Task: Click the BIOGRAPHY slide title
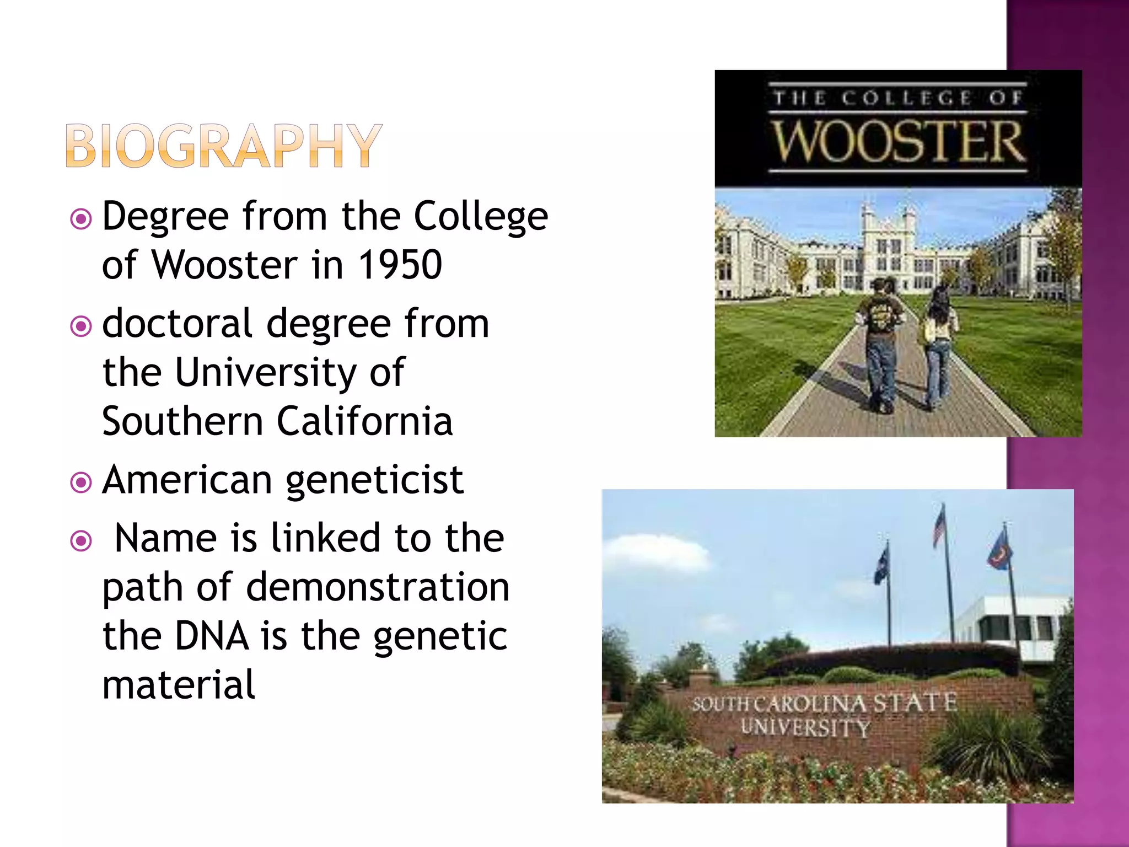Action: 224,146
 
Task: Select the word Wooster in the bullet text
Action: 225,265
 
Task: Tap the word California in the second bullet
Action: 364,421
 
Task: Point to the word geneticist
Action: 375,481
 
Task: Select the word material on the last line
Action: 179,684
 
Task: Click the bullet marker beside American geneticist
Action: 81,483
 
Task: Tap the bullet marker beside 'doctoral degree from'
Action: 81,326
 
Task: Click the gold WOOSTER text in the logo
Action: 898,142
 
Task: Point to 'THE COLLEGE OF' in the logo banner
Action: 898,98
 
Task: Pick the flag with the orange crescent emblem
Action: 999,549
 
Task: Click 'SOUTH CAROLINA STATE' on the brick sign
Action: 825,704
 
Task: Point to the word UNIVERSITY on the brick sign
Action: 805,728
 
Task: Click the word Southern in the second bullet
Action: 182,421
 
